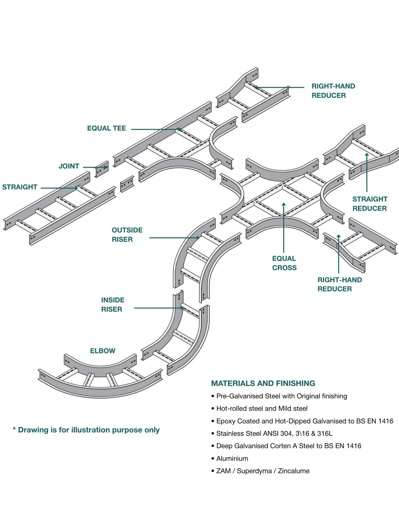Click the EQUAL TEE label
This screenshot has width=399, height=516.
107,128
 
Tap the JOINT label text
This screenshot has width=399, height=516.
69,166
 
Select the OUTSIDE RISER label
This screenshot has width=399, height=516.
127,235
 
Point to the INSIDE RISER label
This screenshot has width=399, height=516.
113,304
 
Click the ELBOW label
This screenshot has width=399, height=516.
103,351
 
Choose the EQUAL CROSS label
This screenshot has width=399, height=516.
284,263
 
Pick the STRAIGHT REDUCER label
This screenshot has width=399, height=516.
370,204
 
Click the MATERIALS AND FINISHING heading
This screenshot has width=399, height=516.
263,383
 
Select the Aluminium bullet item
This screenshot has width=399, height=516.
232,458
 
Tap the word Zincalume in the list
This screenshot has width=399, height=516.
294,471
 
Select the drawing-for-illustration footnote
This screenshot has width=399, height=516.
86,430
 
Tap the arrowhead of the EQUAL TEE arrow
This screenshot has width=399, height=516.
180,129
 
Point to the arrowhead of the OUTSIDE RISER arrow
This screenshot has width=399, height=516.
198,238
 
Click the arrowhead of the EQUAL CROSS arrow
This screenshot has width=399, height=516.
284,204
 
